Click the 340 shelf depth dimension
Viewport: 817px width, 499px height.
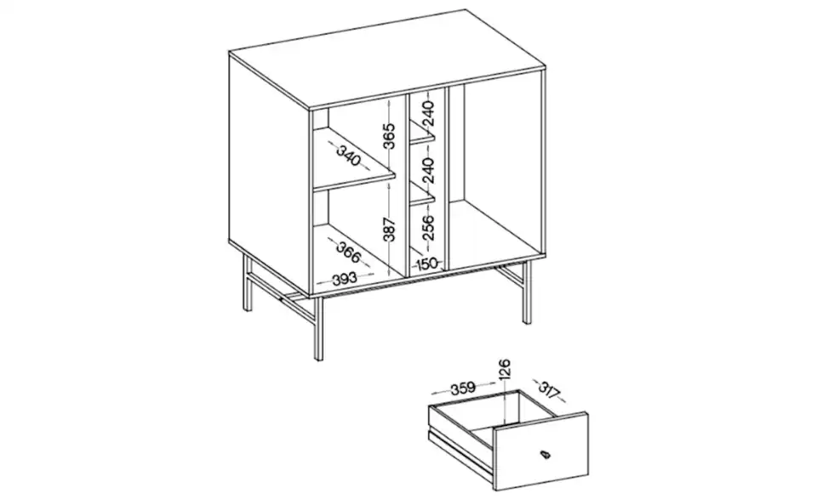349,156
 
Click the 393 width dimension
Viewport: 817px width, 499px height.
344,277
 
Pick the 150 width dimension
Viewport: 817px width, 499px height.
426,264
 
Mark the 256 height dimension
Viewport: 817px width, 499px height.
428,228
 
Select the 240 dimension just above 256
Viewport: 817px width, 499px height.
428,170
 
